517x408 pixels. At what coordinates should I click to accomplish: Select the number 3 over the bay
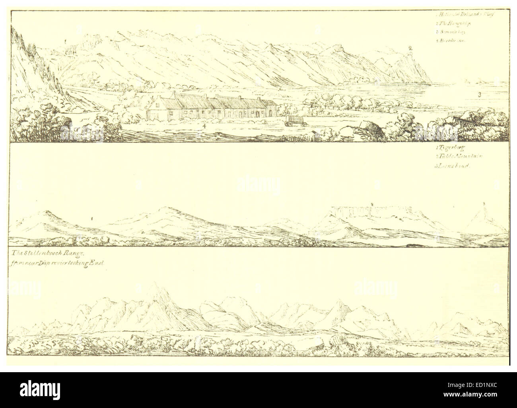point(480,95)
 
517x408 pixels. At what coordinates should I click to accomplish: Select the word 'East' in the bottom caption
point(93,263)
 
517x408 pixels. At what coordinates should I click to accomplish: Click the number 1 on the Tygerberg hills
point(92,219)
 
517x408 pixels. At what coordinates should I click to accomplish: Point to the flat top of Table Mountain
point(372,208)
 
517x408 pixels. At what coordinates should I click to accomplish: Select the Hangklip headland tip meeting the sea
point(430,82)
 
